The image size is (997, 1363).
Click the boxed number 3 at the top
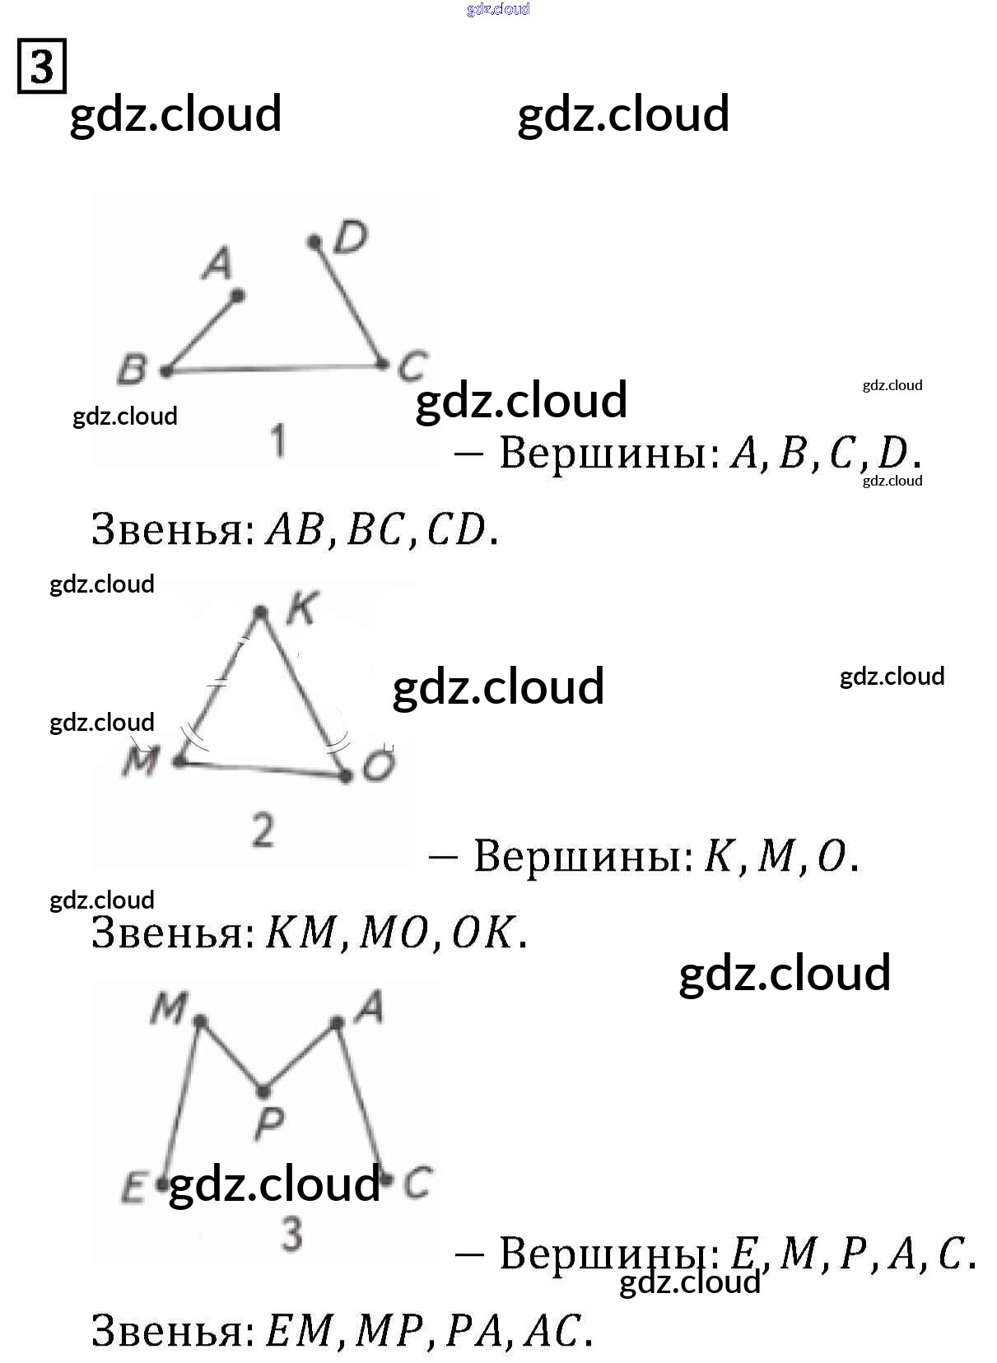(x=41, y=66)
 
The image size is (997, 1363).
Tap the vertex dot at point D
(x=314, y=242)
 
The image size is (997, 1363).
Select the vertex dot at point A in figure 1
(x=237, y=295)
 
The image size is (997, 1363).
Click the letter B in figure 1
(x=132, y=370)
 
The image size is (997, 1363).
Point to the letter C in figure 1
(x=412, y=366)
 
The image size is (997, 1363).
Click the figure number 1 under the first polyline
(x=278, y=440)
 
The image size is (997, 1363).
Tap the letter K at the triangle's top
(x=300, y=610)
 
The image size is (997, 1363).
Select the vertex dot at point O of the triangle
(x=347, y=775)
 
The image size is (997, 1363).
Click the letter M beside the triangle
(x=140, y=761)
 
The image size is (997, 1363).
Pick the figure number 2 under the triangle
(x=263, y=830)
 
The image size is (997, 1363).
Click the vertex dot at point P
(x=263, y=1091)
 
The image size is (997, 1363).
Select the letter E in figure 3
(x=133, y=1188)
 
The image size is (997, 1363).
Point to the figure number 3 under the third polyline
(x=291, y=1235)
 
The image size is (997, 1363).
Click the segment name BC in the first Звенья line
(x=375, y=529)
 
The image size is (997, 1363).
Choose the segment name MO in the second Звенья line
(x=394, y=933)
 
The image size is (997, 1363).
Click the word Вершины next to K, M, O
(x=584, y=856)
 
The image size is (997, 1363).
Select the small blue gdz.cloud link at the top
(x=498, y=9)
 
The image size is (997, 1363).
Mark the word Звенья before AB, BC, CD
(x=172, y=529)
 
